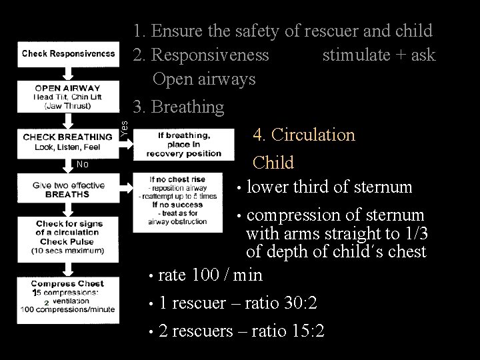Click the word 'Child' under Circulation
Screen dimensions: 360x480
tap(273, 162)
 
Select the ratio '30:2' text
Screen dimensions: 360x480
tap(294, 303)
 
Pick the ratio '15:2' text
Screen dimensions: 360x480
tap(302, 331)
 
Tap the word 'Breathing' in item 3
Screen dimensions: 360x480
tap(187, 107)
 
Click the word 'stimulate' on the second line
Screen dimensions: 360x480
tap(353, 55)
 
